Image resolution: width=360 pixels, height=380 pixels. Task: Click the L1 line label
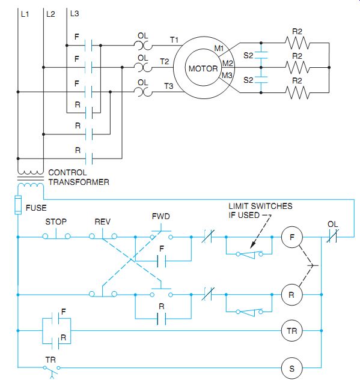[25, 14]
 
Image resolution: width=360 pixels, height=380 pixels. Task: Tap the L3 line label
[75, 14]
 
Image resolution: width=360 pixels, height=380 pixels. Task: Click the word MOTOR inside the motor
[203, 68]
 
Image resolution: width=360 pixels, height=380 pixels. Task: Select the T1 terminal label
[174, 40]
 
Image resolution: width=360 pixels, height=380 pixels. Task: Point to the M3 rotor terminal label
[227, 76]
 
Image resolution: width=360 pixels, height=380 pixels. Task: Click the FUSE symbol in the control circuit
[18, 205]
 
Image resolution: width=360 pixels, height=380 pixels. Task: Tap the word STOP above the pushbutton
[56, 222]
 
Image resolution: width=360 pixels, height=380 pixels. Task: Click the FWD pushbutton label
[161, 216]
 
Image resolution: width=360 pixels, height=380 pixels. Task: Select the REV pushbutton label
[102, 222]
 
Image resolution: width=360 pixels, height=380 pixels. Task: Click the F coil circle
[292, 237]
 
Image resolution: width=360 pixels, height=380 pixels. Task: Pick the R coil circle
[292, 295]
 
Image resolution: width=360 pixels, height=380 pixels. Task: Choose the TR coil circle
[292, 331]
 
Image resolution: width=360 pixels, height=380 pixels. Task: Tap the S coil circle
[292, 369]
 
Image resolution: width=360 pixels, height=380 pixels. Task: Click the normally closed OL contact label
[332, 224]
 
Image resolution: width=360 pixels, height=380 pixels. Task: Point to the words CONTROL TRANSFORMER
[79, 178]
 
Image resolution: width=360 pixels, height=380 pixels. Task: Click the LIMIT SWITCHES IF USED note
[260, 211]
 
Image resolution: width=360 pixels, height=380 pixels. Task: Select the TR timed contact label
[50, 360]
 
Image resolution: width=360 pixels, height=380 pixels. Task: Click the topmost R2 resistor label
[297, 31]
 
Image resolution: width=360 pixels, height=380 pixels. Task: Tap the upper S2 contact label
[248, 55]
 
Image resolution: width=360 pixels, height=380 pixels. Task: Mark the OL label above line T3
[142, 83]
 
